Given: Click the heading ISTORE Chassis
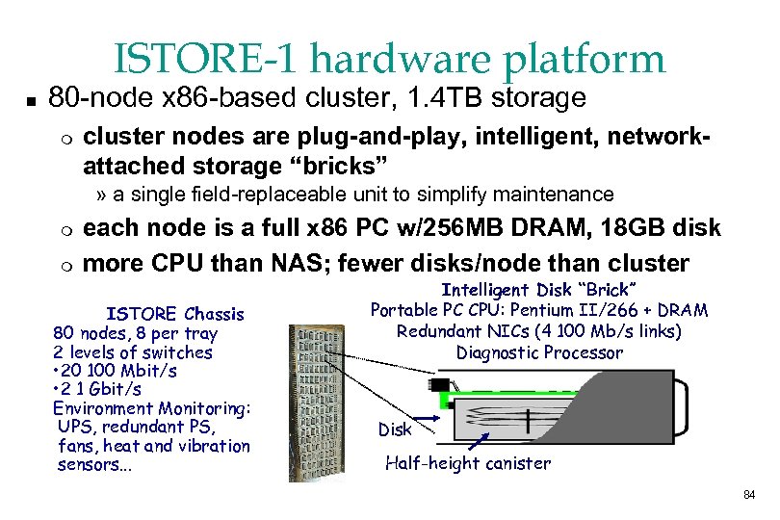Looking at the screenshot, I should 174,314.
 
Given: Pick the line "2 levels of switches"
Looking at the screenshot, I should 133,351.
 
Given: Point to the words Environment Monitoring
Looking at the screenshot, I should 151,407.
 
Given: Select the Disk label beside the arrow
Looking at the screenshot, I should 395,429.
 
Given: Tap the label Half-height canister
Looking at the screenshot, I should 468,463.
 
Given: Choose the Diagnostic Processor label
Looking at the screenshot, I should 539,352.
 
